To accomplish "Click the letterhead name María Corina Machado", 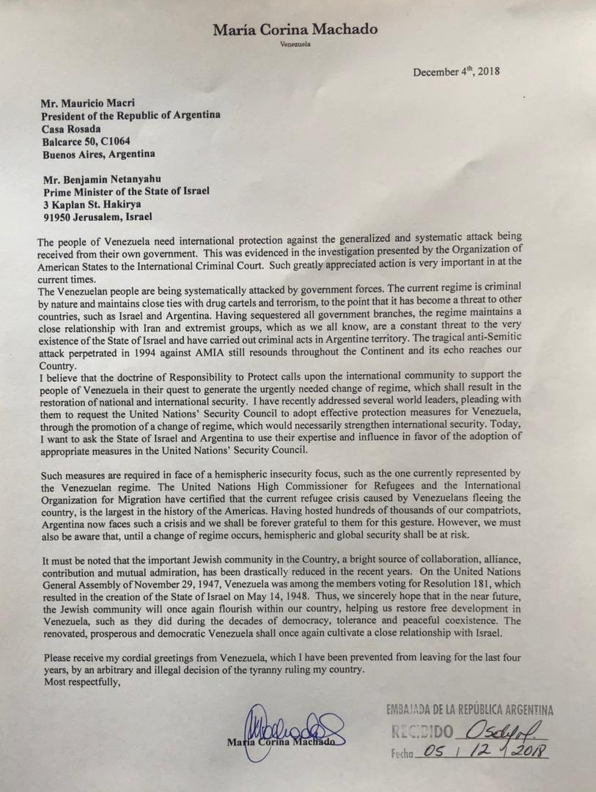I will (x=295, y=29).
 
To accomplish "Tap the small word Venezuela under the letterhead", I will (x=295, y=45).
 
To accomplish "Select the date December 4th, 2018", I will (x=455, y=72).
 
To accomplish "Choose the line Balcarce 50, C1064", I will (x=87, y=142).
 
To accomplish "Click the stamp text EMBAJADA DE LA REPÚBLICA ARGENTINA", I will (x=468, y=710).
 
